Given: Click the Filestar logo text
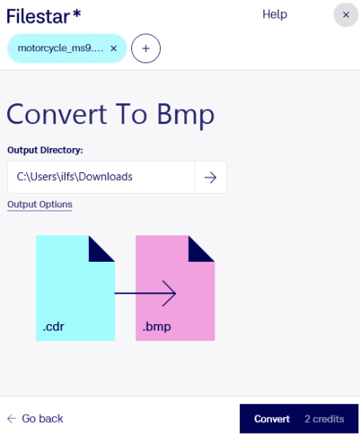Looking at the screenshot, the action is point(43,16).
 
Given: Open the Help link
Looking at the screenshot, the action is point(274,14).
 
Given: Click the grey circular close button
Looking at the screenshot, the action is point(346,14).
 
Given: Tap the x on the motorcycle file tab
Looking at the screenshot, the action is point(114,49).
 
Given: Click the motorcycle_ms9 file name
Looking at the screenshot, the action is point(61,48).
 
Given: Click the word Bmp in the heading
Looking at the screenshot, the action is point(186,114).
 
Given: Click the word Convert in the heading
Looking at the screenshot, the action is point(57,114).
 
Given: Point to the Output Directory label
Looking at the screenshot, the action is point(45,150).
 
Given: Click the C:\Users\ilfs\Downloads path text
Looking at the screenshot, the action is point(74,177).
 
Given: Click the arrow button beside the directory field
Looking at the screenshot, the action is point(210,177).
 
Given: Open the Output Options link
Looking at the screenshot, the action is point(40,205).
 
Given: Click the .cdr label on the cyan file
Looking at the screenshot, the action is point(54,327).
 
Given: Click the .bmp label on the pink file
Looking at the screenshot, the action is point(157,327).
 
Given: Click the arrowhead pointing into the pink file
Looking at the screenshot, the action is point(170,293).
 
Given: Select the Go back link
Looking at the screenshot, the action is point(35,419).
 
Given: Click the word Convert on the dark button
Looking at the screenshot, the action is point(272,419).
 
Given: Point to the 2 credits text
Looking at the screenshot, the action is point(324,419).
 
